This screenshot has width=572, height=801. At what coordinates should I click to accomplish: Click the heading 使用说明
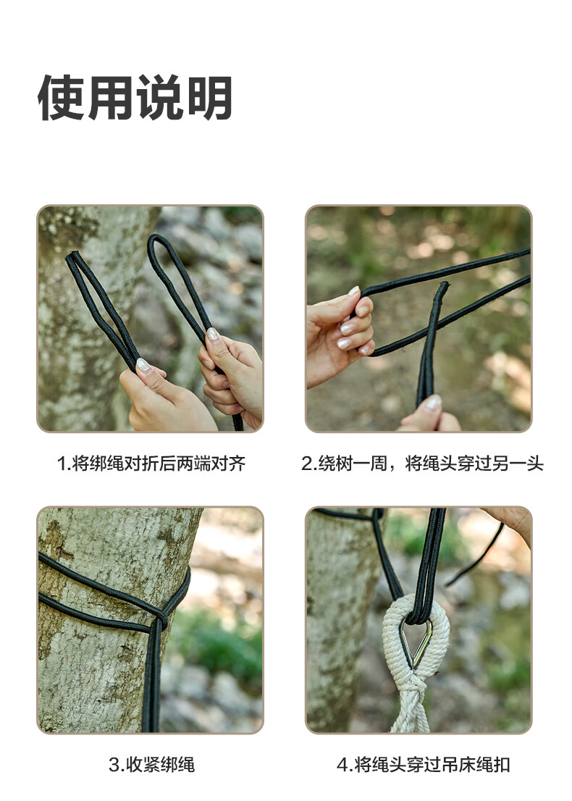(x=135, y=98)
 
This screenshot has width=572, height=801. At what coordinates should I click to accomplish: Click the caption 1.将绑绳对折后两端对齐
(x=151, y=464)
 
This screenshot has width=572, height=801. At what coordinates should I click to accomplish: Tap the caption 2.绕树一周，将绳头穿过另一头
(x=422, y=464)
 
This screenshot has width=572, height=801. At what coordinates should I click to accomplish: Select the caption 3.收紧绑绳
(x=151, y=765)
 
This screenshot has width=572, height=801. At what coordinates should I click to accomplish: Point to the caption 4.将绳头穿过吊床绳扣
(x=424, y=765)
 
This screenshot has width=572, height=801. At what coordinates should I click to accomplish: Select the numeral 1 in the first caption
(x=62, y=464)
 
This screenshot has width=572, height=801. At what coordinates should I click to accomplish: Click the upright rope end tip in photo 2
(x=443, y=286)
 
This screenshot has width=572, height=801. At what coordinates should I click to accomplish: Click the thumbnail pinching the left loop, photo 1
(x=143, y=365)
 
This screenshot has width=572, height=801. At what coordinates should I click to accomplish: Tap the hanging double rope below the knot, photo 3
(x=151, y=679)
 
